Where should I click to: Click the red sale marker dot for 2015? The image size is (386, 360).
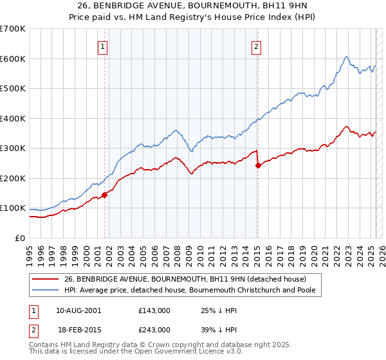(x=258, y=165)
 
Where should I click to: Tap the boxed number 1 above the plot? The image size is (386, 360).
(x=104, y=46)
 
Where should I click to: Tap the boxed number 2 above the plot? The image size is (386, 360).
(x=256, y=46)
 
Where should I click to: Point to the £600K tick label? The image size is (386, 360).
(x=12, y=59)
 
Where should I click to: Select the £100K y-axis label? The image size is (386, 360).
(x=12, y=208)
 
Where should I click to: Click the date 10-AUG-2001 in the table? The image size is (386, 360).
(x=78, y=310)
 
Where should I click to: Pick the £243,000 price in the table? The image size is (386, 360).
(x=154, y=329)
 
